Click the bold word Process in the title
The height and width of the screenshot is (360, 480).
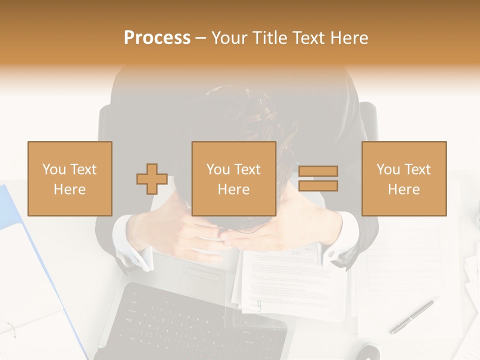pos(157,38)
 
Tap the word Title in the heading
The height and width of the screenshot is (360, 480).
pos(270,38)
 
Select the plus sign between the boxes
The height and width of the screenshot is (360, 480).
pos(152,179)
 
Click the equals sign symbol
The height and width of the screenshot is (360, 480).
pos(318,178)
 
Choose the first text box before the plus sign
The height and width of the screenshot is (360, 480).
pos(70,178)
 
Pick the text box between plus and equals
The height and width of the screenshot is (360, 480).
pos(233,178)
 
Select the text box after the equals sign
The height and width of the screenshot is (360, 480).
pos(403,178)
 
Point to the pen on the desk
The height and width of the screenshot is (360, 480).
pos(412,317)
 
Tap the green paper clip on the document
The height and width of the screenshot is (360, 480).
pos(259,305)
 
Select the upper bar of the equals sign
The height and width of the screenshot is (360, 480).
pos(318,171)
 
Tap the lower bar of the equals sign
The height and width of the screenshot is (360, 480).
pos(318,186)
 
